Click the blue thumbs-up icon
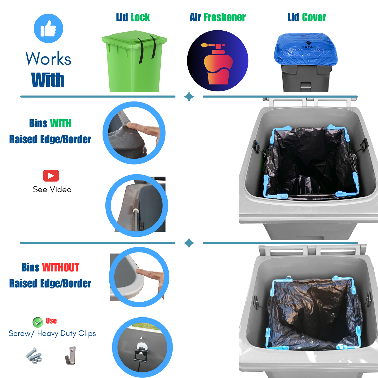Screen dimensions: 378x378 (48, 28)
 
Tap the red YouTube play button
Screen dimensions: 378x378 (51, 176)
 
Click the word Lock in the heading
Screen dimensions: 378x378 (140, 17)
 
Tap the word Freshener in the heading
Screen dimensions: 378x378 (225, 17)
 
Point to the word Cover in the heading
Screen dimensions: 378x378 (314, 17)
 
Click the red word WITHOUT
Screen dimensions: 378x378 (61, 267)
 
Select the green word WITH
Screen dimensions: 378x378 (61, 123)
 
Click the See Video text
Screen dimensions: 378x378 (52, 189)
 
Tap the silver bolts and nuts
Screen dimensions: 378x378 (34, 356)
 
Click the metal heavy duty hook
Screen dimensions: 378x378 (70, 356)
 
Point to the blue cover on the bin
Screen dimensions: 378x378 (306, 49)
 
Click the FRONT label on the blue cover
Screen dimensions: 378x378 (309, 47)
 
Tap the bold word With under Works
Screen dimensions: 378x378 (48, 80)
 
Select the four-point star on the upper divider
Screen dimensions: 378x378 (189, 97)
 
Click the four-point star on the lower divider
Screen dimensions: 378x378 (189, 243)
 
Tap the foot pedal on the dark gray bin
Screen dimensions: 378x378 (306, 86)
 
